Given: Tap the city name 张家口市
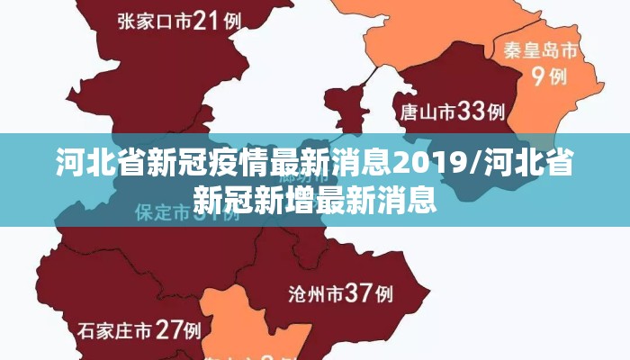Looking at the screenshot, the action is pos(154,22).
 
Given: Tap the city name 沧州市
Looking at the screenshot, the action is pos(316,293).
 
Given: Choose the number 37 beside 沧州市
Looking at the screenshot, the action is pos(359,292).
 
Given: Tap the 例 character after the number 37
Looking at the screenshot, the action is pos(384,293).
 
